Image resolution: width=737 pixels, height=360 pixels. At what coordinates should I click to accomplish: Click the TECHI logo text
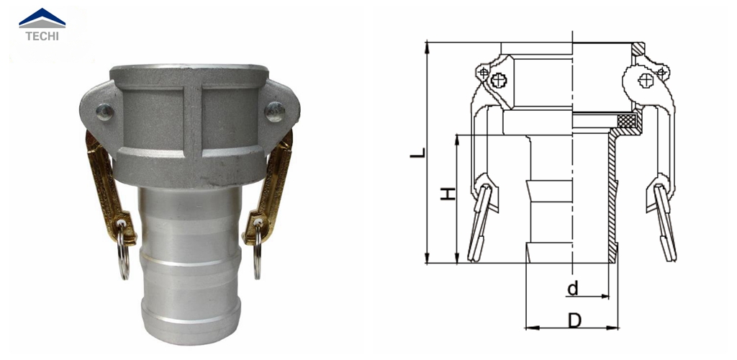click(42, 35)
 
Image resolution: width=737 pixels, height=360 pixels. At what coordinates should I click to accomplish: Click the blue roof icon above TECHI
click(42, 17)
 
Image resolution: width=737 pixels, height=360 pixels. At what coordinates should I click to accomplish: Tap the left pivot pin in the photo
click(105, 112)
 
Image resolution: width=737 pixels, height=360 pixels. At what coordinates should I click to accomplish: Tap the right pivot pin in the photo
click(274, 110)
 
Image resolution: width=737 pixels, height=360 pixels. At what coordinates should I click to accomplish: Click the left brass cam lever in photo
click(105, 180)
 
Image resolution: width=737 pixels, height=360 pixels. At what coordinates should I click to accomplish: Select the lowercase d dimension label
click(573, 289)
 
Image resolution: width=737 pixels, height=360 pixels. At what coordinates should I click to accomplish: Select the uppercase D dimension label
click(574, 321)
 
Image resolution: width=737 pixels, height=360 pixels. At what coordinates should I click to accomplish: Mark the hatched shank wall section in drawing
click(613, 202)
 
